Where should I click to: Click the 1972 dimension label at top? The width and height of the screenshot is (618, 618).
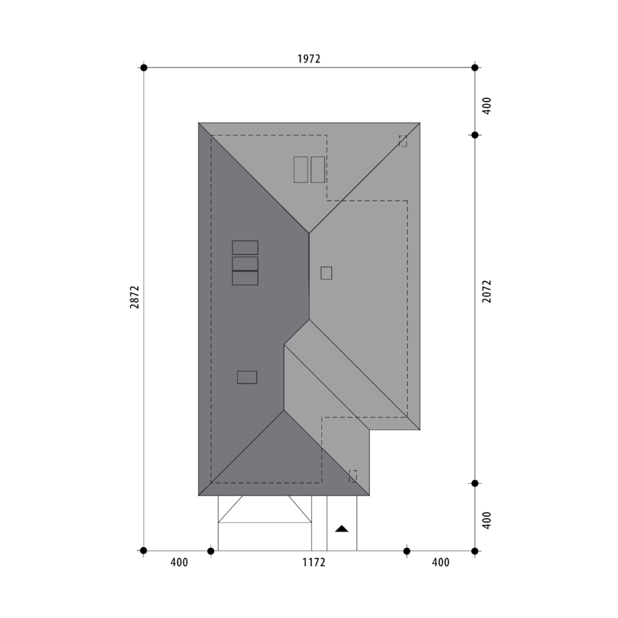(308, 59)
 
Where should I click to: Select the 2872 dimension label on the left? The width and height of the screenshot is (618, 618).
(135, 297)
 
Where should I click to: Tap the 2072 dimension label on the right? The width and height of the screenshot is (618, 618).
(487, 291)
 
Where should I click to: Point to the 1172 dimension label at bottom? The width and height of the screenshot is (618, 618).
(314, 562)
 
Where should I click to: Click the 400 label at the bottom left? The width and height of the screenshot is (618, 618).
(179, 562)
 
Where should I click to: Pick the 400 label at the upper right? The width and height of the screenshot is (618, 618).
(487, 105)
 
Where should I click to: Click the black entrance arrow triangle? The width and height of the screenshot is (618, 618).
(342, 528)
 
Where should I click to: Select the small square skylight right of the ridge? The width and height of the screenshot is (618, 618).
(326, 273)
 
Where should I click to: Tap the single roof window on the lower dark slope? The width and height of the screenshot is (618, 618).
(247, 377)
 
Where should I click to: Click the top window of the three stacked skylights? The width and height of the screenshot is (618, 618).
(245, 247)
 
